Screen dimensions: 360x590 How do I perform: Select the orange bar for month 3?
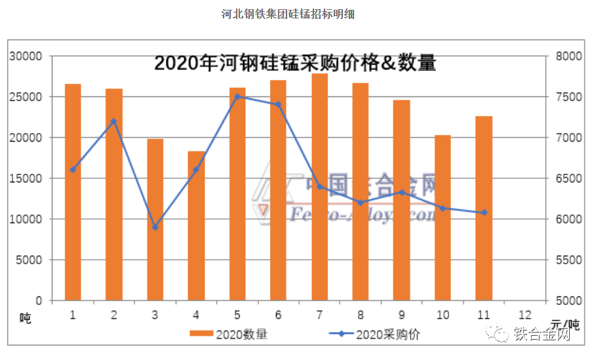[155, 220]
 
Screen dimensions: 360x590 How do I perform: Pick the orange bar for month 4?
[196, 226]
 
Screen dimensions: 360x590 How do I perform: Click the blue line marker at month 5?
[237, 96]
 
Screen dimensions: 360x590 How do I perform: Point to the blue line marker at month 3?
[155, 228]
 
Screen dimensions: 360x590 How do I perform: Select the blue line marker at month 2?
[113, 121]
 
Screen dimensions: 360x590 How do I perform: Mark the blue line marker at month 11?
[484, 212]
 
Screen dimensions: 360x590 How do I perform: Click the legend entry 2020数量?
[229, 334]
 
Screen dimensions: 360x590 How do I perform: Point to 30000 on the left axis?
[26, 56]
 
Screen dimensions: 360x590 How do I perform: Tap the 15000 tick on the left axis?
[26, 178]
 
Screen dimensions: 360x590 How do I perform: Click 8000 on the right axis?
[567, 56]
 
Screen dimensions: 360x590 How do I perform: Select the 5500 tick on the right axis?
[567, 260]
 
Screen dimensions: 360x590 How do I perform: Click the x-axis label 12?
[525, 315]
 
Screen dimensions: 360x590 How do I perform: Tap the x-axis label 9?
[402, 315]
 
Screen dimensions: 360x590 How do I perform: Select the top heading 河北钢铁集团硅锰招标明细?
[288, 14]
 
